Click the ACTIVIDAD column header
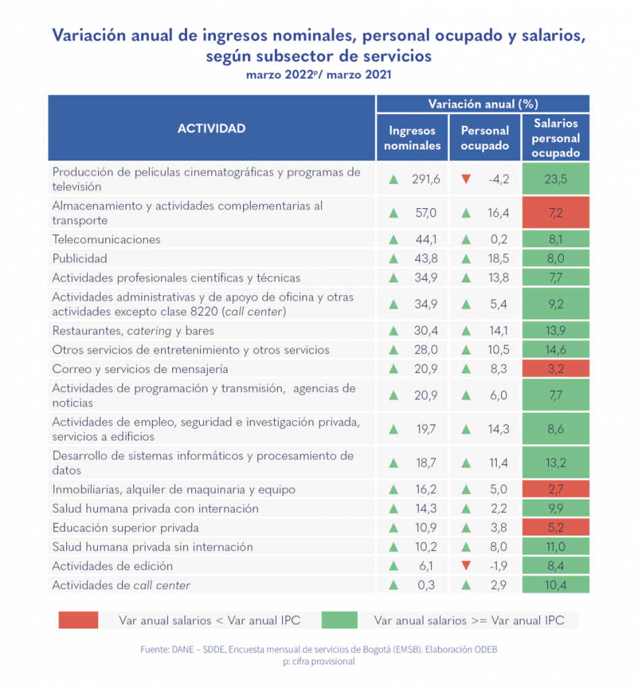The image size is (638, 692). coord(211,128)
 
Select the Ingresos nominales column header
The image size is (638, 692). coord(412,138)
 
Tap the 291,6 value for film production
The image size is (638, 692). coord(425,179)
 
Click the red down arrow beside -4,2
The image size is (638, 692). coord(465,179)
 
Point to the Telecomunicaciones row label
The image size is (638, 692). coord(106,239)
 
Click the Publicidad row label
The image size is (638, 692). coord(80,258)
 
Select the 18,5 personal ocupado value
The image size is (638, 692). coord(498,258)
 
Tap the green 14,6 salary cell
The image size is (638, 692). coord(556,350)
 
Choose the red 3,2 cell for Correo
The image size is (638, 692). coord(556,369)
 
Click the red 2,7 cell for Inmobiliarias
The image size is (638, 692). coord(556,489)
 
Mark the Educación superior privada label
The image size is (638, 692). coord(125,527)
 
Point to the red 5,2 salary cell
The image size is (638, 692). coord(556,527)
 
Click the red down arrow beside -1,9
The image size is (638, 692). coord(465,566)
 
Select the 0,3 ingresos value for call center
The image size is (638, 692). coord(428,585)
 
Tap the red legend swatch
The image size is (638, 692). coord(78,620)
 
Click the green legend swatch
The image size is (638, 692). coord(340,620)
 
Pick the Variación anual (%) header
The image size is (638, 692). coord(483,104)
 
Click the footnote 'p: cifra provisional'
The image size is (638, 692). coord(319,662)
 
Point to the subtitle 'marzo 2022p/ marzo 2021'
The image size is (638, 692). coord(319,75)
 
